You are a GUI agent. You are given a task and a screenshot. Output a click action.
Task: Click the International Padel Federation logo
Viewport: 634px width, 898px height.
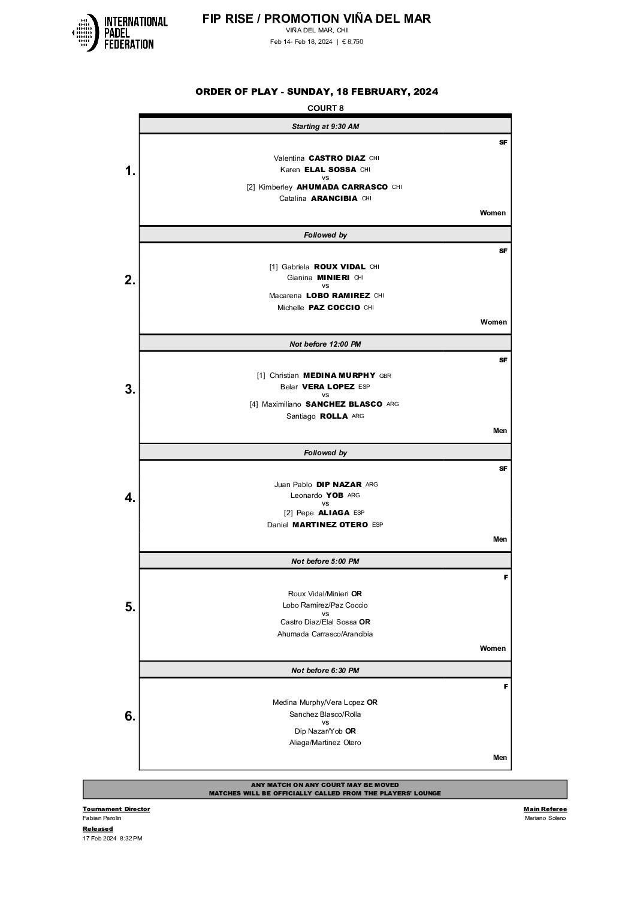(x=119, y=32)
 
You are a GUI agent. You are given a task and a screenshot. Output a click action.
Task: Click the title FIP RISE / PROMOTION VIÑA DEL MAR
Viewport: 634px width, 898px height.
(x=316, y=19)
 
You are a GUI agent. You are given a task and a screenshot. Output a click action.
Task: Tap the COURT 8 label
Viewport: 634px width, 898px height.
(x=325, y=108)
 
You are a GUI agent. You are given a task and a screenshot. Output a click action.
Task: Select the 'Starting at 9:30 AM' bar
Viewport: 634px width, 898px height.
(x=325, y=126)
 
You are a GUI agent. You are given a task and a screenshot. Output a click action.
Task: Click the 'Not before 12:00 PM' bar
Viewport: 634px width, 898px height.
(x=325, y=344)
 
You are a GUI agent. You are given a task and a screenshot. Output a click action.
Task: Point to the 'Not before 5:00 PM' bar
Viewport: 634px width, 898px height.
(x=325, y=561)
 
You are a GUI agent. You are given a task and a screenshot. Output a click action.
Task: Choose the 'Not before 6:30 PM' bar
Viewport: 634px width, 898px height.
(x=325, y=670)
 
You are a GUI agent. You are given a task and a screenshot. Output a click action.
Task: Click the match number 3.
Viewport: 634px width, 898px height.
(x=130, y=389)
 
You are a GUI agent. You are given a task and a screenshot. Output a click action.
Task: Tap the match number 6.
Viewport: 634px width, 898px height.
(x=130, y=716)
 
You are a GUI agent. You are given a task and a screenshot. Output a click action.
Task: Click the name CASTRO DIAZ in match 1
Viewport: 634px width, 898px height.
(x=337, y=158)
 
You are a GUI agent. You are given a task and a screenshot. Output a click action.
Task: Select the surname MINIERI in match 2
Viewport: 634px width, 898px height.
(x=333, y=278)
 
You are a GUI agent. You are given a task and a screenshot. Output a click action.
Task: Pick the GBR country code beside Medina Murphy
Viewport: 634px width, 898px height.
(x=385, y=376)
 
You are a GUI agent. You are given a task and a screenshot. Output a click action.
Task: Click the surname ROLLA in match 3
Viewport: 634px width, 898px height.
(x=334, y=416)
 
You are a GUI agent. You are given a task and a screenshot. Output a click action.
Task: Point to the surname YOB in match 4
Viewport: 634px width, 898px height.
(x=334, y=495)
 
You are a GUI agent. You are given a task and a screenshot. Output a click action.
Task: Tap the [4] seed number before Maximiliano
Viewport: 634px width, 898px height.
(x=254, y=404)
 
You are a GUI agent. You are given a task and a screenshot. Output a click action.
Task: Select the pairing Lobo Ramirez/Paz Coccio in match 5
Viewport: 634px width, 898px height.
(x=325, y=605)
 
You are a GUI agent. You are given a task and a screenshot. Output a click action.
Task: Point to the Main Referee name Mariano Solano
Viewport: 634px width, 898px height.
(x=545, y=818)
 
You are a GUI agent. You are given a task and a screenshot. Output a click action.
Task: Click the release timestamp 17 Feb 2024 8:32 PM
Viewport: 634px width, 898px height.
(x=113, y=839)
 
